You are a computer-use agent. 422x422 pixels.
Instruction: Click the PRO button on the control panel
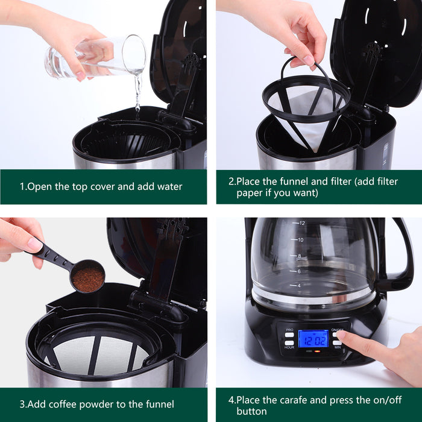click(x=289, y=335)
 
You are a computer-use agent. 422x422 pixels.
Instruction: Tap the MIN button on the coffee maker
click(x=336, y=343)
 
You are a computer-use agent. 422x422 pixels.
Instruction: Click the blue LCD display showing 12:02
click(x=313, y=338)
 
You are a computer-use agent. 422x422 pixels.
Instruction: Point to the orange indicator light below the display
click(x=317, y=351)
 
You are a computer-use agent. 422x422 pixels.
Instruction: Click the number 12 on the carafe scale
click(x=301, y=224)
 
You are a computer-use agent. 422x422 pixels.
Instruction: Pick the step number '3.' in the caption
click(x=23, y=404)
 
